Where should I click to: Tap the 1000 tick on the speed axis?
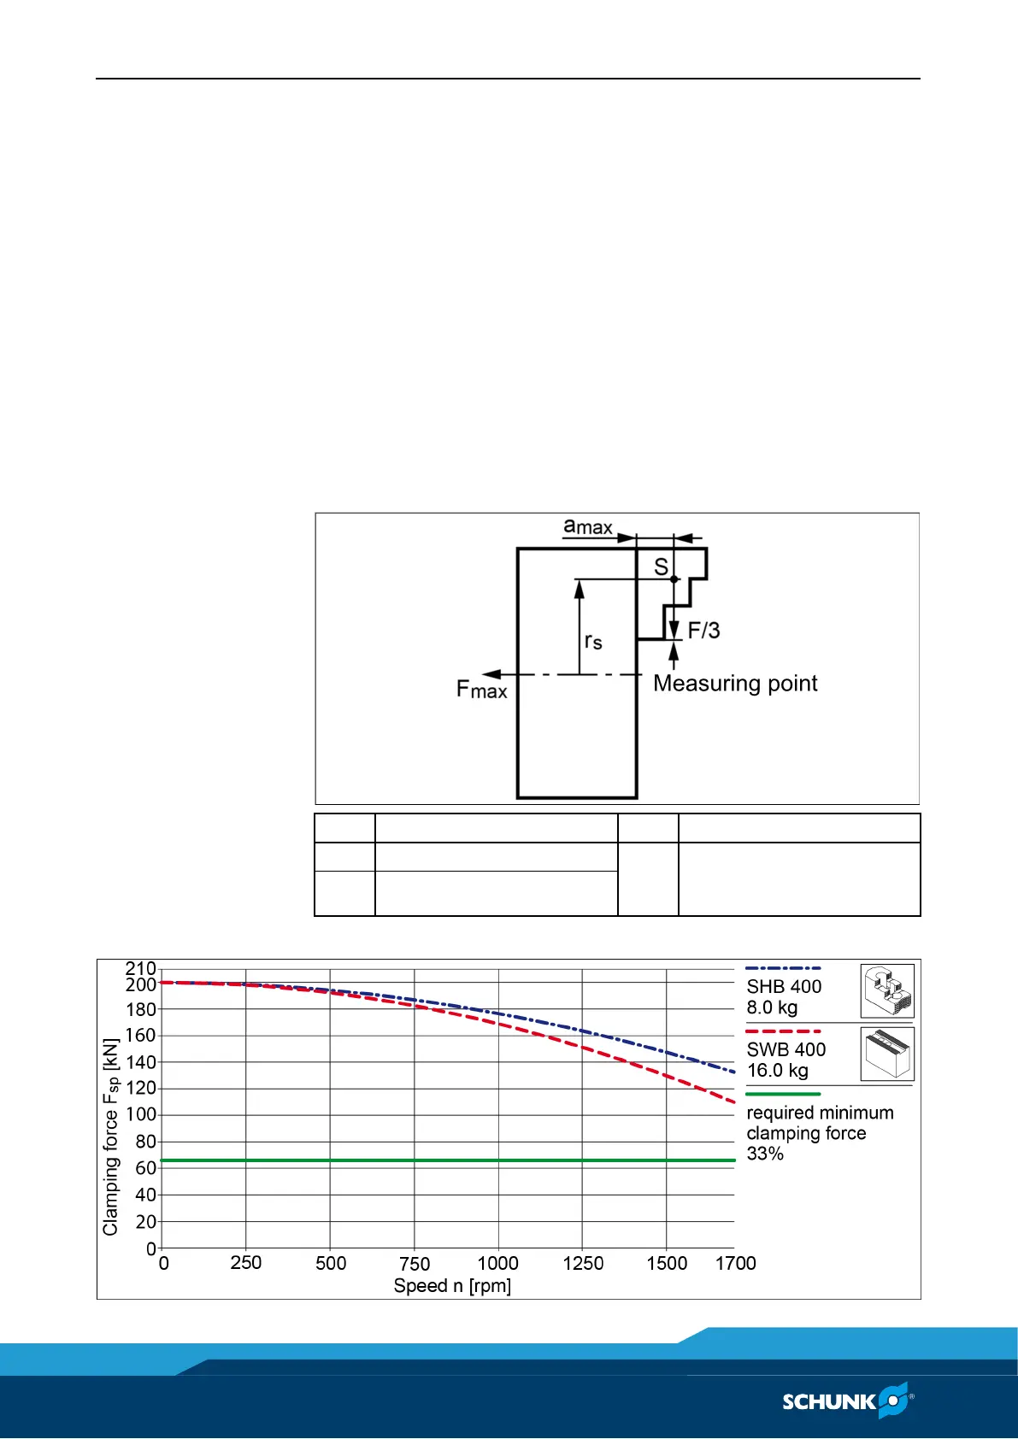[x=497, y=1263]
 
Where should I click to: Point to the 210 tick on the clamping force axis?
[x=141, y=969]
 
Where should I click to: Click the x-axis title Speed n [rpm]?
[x=452, y=1286]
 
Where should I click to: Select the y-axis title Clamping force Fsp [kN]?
[x=110, y=1137]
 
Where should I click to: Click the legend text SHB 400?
[x=784, y=986]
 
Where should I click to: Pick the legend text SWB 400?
[x=786, y=1049]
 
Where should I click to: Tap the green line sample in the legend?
[x=783, y=1094]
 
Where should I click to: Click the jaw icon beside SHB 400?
[x=887, y=991]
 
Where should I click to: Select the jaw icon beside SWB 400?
[x=887, y=1054]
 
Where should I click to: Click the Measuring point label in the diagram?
[x=735, y=684]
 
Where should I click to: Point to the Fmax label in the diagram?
[x=481, y=689]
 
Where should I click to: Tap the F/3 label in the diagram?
[x=703, y=631]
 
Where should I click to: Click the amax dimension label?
[x=588, y=526]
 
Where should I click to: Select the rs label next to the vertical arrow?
[x=593, y=641]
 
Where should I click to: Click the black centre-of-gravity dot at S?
[x=674, y=579]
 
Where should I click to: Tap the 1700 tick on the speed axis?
[x=735, y=1263]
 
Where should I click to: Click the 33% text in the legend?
[x=765, y=1154]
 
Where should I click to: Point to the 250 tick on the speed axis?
[x=246, y=1263]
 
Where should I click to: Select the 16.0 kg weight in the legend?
[x=777, y=1071]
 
